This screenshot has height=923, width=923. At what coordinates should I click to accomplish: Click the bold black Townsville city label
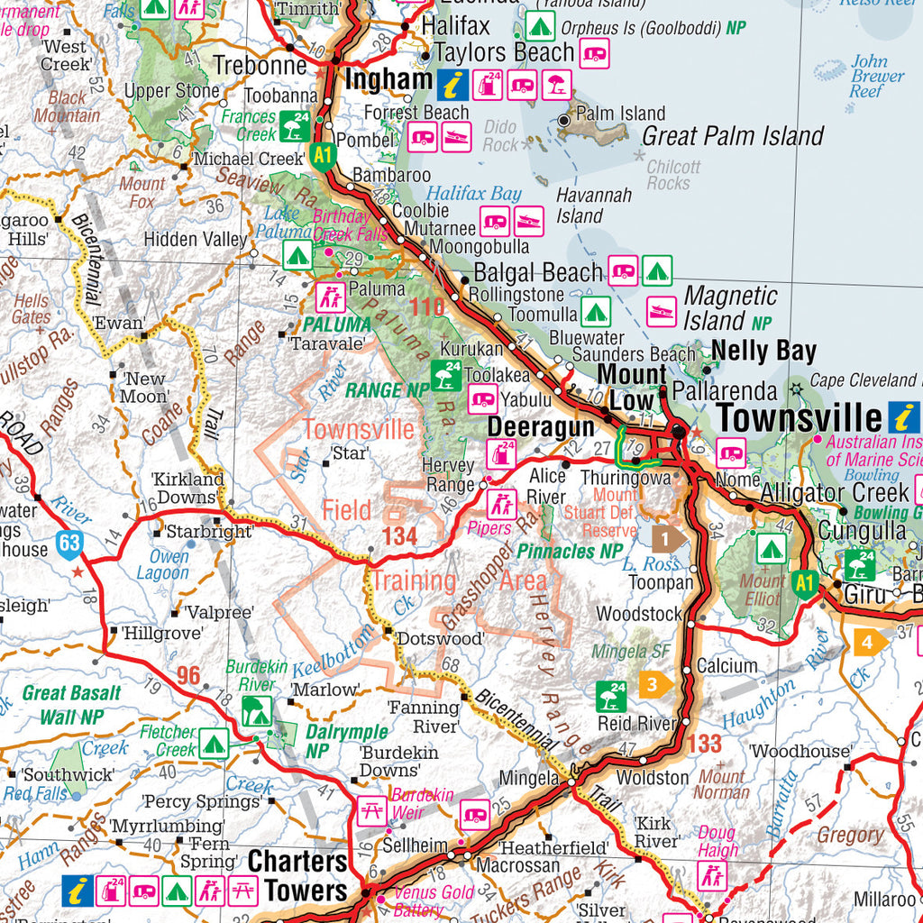pos(798,418)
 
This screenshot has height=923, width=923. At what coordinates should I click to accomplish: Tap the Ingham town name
pos(388,80)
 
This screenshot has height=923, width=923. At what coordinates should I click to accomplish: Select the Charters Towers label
pos(297,875)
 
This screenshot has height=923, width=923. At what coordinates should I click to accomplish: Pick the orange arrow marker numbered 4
pos(866,643)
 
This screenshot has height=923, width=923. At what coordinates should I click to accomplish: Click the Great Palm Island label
pos(732,137)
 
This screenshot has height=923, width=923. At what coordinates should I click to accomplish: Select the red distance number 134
pos(399,537)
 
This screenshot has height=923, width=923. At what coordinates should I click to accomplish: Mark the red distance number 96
pos(188,675)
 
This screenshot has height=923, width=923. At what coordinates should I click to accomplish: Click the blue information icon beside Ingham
pos(452,86)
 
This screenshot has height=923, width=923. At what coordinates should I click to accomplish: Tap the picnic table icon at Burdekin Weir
pos(371,810)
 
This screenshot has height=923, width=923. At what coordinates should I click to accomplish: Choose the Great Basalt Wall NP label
pos(70,705)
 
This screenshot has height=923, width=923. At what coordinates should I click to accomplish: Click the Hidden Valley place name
pos(196,240)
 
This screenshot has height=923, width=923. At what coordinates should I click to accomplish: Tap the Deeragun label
pos(541,427)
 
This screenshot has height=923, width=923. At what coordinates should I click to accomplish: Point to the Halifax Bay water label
pos(473,193)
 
